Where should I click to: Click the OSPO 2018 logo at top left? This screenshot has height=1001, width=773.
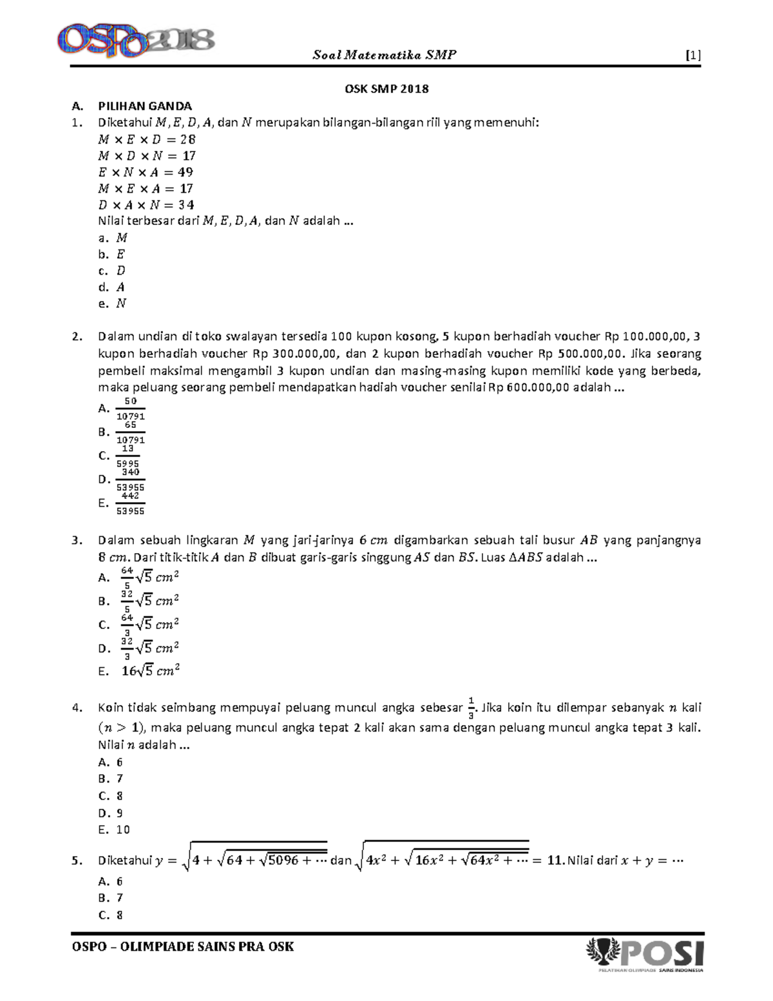tap(135, 40)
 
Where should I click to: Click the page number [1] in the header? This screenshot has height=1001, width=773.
tap(693, 55)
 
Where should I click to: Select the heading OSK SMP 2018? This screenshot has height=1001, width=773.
tap(386, 89)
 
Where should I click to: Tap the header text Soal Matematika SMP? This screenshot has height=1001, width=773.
tap(385, 55)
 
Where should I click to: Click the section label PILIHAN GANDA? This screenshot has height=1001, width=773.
tap(145, 106)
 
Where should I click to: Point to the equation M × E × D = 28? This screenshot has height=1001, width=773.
tap(146, 139)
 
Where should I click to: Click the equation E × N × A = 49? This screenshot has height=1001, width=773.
tap(145, 172)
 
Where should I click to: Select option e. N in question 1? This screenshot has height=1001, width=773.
tap(113, 304)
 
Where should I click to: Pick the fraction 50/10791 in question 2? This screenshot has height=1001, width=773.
tap(130, 409)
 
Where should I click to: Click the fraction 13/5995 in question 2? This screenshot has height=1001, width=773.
tap(128, 456)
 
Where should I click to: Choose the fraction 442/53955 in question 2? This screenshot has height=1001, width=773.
tap(130, 503)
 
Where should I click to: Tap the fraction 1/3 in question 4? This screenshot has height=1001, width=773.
tap(471, 708)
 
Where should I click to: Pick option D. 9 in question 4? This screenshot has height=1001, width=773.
tap(111, 813)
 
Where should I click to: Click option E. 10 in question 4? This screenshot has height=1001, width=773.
tap(114, 830)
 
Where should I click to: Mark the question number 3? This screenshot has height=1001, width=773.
tap(77, 540)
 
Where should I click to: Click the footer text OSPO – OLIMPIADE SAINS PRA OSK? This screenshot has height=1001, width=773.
tap(183, 947)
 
